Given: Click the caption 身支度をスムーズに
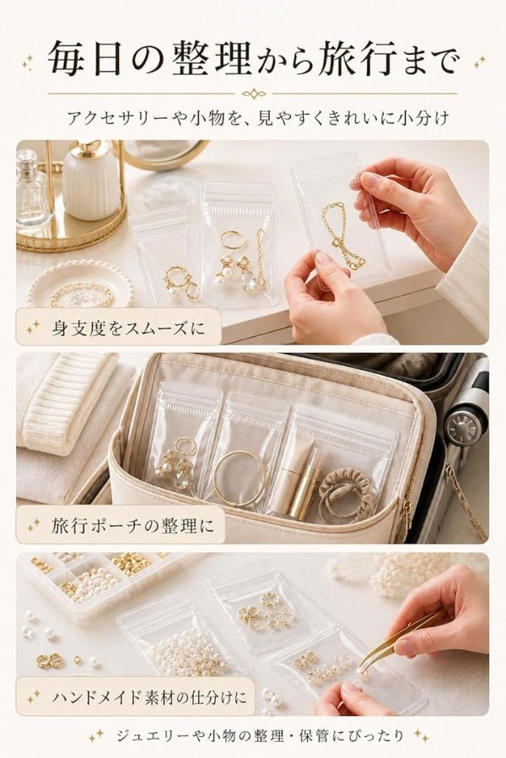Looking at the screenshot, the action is (x=128, y=328).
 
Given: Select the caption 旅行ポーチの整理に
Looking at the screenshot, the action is (x=132, y=525).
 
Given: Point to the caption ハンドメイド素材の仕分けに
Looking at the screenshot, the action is (x=149, y=697).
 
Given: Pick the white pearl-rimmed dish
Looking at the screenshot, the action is (x=80, y=286).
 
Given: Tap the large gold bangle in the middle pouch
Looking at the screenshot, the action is (x=240, y=478).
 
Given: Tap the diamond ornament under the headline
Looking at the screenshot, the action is (x=253, y=93).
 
